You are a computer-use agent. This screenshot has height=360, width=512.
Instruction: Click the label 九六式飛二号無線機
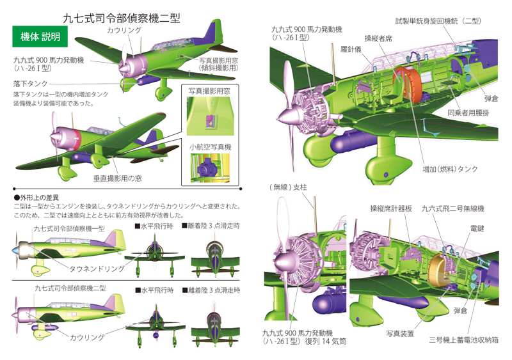click(x=452, y=208)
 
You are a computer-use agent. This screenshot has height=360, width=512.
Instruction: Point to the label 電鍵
click(x=477, y=228)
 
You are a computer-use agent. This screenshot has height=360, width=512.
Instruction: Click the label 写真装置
click(x=400, y=333)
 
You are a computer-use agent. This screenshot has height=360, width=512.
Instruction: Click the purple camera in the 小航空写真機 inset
click(x=205, y=169)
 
